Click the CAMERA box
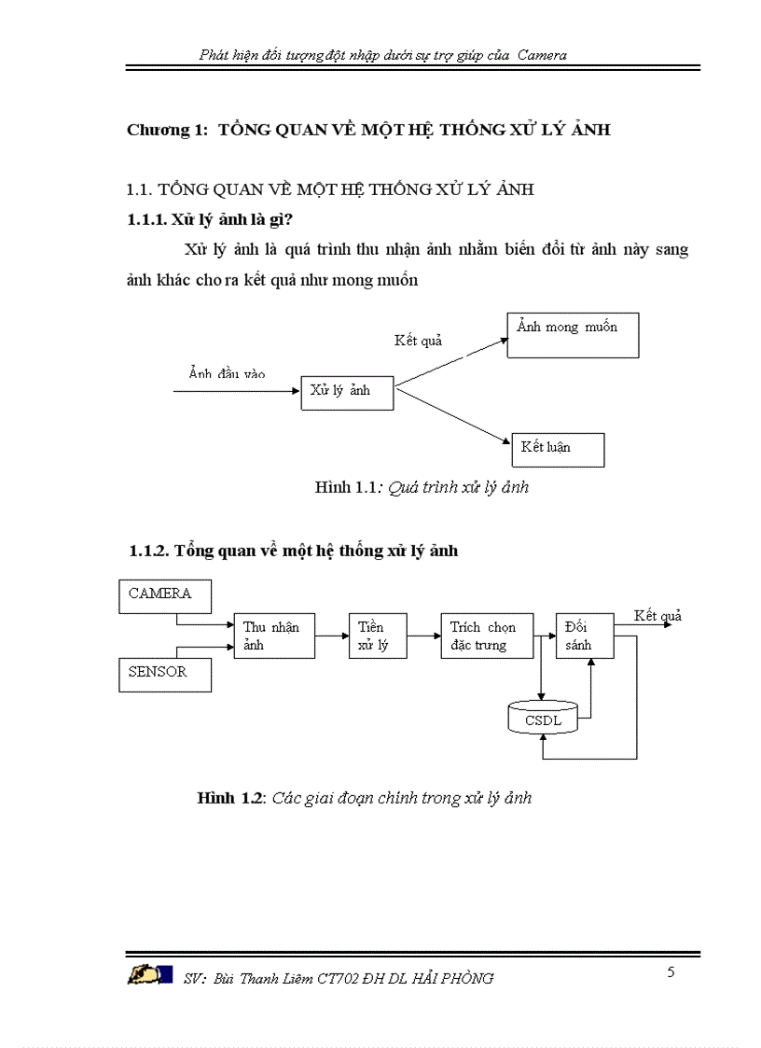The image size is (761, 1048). (x=165, y=595)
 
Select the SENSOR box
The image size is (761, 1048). (x=164, y=674)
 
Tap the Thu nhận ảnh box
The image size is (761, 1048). (x=273, y=636)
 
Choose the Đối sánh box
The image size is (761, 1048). (x=586, y=636)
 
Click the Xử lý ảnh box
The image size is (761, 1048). (x=347, y=393)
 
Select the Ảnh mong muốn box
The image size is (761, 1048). (x=573, y=335)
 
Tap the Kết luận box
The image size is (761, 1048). (x=558, y=449)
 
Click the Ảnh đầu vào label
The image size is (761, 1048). (x=227, y=374)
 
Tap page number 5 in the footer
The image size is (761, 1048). (x=671, y=972)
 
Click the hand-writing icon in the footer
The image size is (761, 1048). (x=150, y=975)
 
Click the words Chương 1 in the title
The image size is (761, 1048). (x=167, y=131)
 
